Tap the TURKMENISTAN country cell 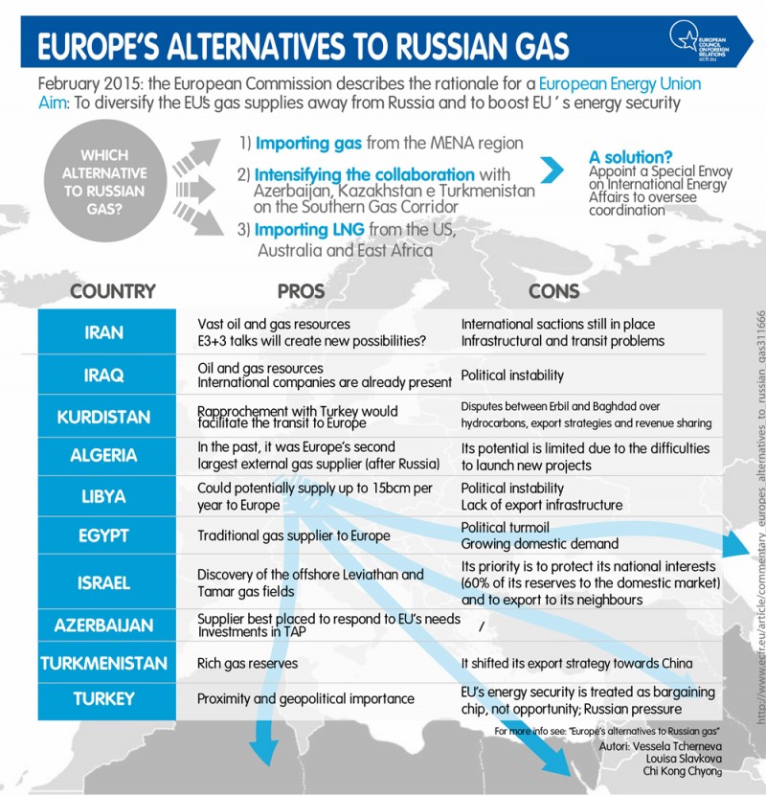[104, 663]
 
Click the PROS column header [301, 290]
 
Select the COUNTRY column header [113, 290]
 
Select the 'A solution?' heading [631, 156]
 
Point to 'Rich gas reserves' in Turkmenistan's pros [248, 663]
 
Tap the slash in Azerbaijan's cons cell [480, 625]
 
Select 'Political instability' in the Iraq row [512, 375]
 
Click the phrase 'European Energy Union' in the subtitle [619, 84]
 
